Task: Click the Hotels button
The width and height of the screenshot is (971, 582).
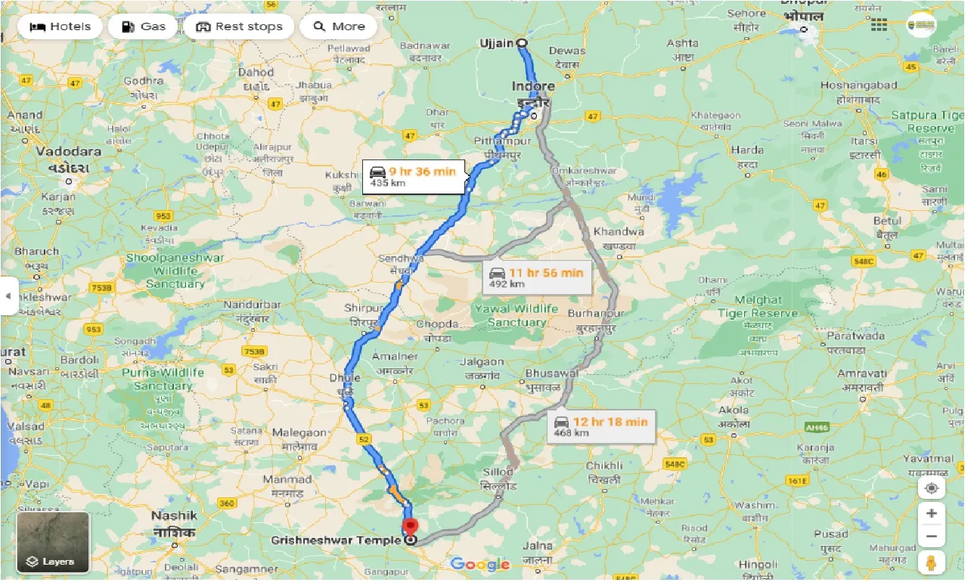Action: [60, 26]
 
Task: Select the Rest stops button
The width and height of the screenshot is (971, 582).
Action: [239, 26]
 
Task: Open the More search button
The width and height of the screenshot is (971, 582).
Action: [340, 26]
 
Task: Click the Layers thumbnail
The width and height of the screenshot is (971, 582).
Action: [53, 543]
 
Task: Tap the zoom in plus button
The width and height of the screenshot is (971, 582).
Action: [931, 513]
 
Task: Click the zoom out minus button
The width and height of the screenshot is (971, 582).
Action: [931, 537]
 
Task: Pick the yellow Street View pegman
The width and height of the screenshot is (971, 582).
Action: [931, 563]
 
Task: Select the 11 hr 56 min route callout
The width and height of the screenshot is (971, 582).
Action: [536, 277]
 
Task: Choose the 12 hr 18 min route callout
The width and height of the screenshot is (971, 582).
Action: [601, 426]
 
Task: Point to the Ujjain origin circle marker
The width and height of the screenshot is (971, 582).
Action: [522, 43]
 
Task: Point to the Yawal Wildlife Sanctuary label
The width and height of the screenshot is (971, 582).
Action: [517, 315]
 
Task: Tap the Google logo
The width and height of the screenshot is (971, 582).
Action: [479, 564]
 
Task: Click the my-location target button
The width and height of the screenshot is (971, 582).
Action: [931, 488]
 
